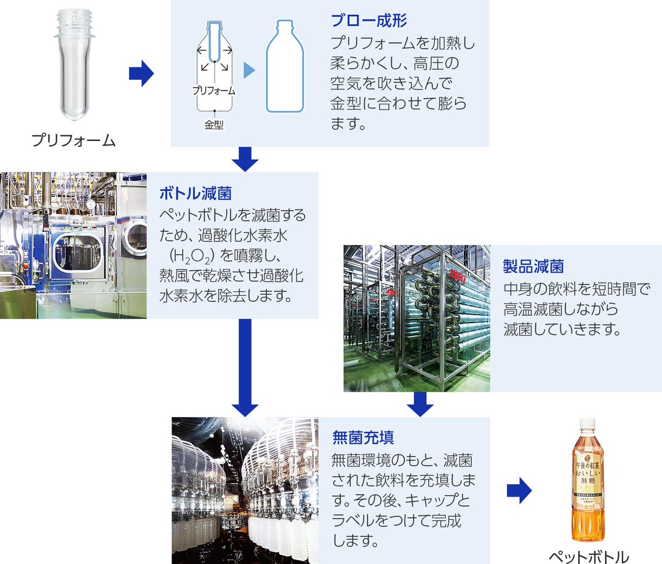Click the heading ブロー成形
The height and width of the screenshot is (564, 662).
pyautogui.click(x=369, y=21)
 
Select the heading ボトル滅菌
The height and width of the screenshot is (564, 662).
pyautogui.click(x=195, y=193)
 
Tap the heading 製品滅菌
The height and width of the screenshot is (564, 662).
pyautogui.click(x=533, y=266)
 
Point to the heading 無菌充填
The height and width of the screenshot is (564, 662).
pyautogui.click(x=362, y=438)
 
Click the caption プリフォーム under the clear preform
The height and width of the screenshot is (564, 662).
pyautogui.click(x=73, y=140)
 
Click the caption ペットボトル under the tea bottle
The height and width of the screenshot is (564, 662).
pyautogui.click(x=589, y=556)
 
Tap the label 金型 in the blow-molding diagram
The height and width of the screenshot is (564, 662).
pyautogui.click(x=214, y=125)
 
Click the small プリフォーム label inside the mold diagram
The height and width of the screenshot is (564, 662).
pyautogui.click(x=214, y=91)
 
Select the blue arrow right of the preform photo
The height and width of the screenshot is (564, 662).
pyautogui.click(x=141, y=73)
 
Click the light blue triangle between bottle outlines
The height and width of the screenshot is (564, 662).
pyautogui.click(x=249, y=70)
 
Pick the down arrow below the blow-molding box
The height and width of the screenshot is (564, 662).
pyautogui.click(x=245, y=159)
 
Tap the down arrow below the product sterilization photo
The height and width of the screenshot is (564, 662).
pyautogui.click(x=420, y=404)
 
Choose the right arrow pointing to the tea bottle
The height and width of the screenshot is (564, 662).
pyautogui.click(x=519, y=491)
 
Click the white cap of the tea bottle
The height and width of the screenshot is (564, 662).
pyautogui.click(x=586, y=423)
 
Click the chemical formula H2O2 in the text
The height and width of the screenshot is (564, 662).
pyautogui.click(x=191, y=256)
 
